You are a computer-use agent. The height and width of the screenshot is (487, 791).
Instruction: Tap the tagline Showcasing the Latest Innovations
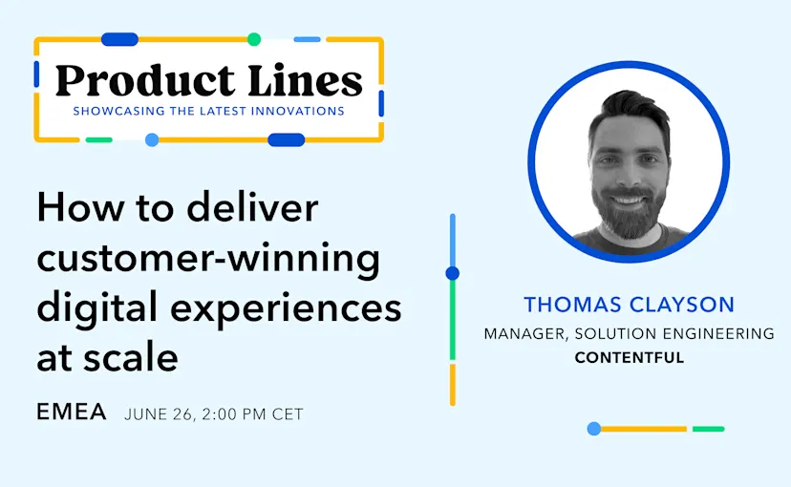(209, 111)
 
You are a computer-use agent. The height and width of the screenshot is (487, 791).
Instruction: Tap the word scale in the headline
(137, 358)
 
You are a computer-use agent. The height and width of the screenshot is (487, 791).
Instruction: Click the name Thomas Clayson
(629, 306)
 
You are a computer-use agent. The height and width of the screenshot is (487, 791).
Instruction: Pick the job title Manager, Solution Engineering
(629, 334)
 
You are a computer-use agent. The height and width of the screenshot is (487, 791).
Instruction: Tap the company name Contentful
(629, 358)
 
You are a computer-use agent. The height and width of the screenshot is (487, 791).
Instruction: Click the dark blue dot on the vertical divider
(453, 273)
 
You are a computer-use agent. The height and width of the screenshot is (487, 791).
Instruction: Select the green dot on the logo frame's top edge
(254, 39)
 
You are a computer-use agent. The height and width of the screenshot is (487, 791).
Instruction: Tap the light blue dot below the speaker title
(593, 429)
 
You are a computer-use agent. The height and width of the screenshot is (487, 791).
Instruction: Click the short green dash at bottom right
(708, 429)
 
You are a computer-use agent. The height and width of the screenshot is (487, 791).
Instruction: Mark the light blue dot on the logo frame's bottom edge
(152, 140)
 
